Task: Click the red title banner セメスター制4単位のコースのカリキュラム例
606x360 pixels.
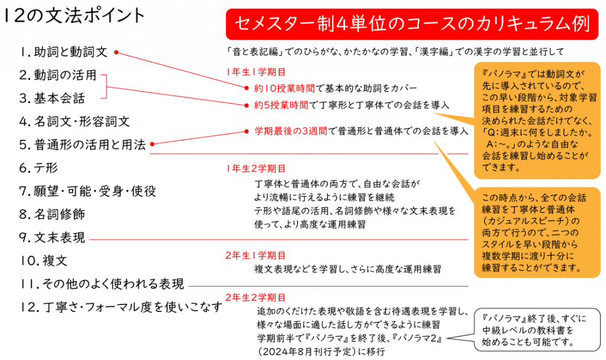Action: point(411,24)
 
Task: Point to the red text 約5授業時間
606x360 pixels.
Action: point(281,105)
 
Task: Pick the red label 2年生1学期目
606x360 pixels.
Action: point(256,256)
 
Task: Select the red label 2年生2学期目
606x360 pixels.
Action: point(256,298)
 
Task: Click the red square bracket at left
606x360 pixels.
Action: point(105,86)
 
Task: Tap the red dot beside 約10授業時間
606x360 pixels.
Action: point(246,88)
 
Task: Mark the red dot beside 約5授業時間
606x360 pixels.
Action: point(246,105)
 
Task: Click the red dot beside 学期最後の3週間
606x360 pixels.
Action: point(246,131)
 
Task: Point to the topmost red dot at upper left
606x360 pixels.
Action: point(117,53)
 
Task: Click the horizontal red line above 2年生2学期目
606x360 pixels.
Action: point(328,287)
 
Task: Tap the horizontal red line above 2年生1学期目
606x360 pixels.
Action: point(278,239)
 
